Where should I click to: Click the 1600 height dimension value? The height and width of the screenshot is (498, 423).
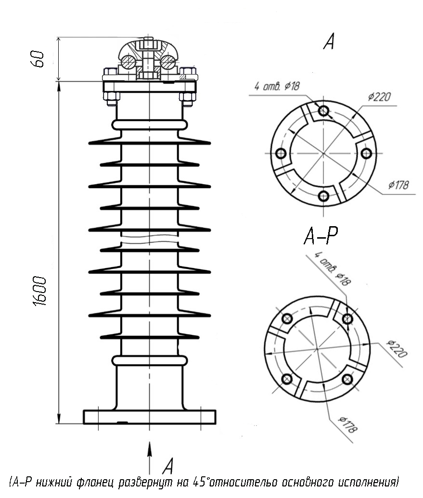[40, 291]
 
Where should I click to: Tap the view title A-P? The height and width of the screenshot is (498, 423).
[321, 236]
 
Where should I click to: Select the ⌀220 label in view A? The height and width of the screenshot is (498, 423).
[380, 96]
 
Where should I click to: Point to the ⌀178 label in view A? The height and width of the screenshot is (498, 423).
[398, 185]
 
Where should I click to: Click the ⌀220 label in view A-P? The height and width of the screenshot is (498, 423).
[397, 348]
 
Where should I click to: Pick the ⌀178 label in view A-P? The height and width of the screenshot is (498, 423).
[348, 424]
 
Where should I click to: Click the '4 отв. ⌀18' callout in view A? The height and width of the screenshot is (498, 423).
[277, 86]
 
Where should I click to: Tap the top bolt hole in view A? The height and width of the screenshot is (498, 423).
[323, 111]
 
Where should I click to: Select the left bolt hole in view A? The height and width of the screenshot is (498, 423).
[281, 153]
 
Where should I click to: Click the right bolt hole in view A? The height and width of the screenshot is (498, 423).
[366, 153]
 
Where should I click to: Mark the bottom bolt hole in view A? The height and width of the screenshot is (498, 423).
[323, 196]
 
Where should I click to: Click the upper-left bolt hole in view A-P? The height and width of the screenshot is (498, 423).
[287, 318]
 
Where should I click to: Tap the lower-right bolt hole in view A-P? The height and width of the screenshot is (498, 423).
[347, 379]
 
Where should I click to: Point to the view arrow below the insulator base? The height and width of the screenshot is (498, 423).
[149, 458]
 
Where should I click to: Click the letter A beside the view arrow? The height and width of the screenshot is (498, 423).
[168, 466]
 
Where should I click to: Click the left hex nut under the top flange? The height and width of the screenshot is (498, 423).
[112, 99]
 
